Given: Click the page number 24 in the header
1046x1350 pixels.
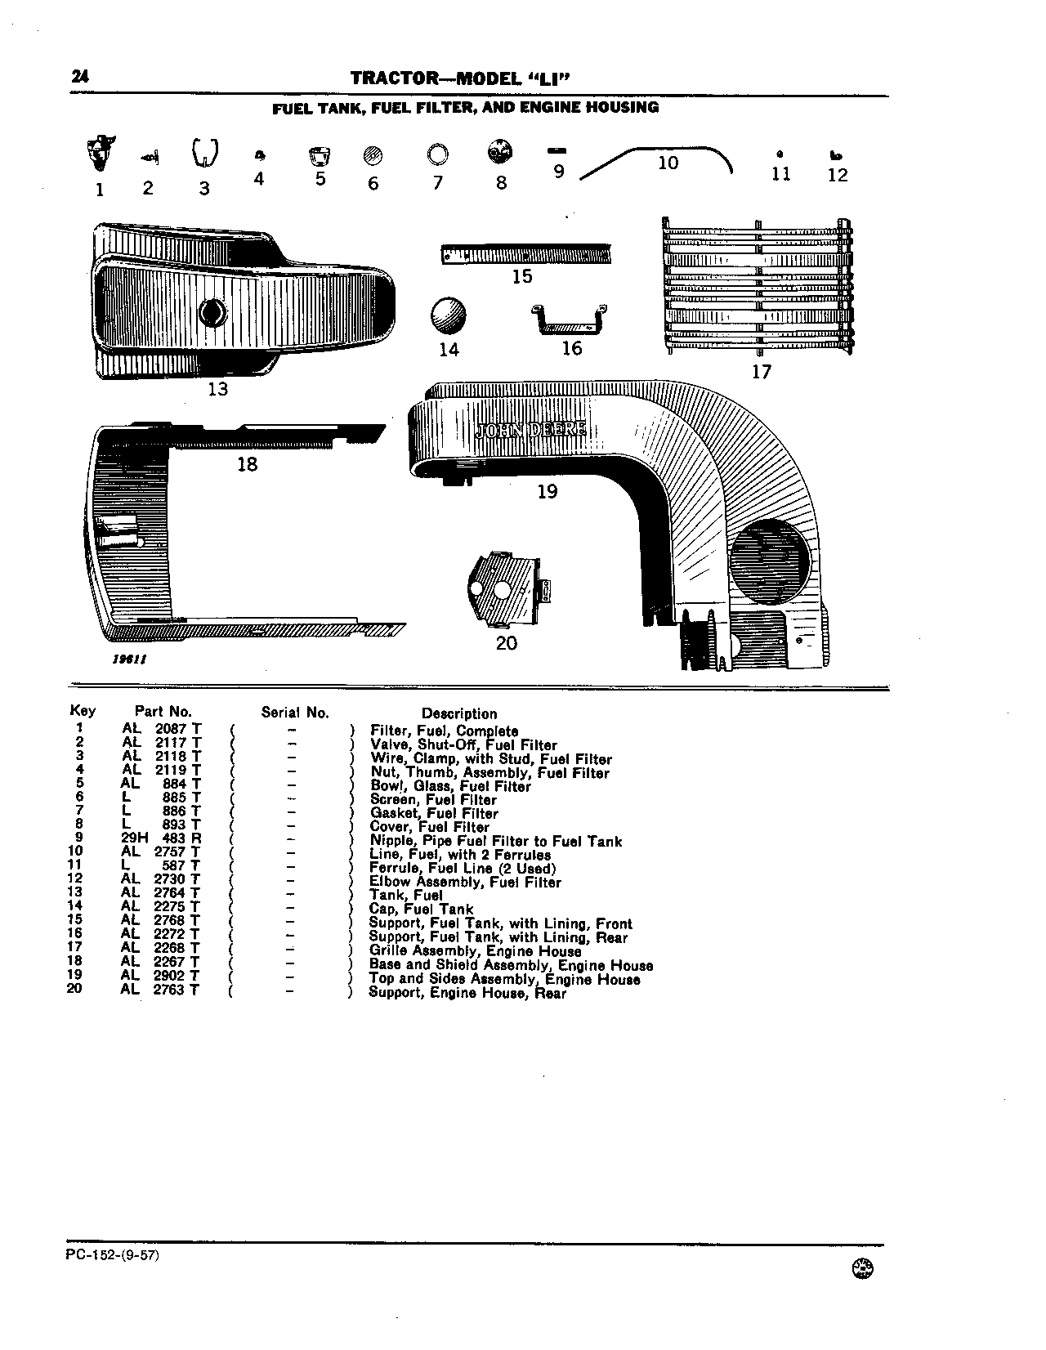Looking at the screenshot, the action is pos(80,77).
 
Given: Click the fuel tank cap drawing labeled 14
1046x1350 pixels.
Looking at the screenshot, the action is pos(448,315).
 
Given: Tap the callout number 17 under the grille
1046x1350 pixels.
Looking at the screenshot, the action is pos(761,372).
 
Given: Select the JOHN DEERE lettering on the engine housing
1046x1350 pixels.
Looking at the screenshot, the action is pos(530,429).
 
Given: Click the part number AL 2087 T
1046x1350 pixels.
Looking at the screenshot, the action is pos(162,729).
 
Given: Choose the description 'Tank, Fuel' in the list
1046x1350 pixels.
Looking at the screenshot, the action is pos(405,896).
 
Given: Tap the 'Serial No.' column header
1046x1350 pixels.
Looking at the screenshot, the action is pos(295,713).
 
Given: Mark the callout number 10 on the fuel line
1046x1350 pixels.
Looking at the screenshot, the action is pos(668,163).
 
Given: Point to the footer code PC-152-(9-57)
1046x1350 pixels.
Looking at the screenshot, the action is pos(113,1255).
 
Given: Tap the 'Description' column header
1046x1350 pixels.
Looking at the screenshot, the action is pos(459,714).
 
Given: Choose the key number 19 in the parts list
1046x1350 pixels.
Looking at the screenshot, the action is pos(74,975).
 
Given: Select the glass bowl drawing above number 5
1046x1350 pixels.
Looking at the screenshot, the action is pos(320,156).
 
